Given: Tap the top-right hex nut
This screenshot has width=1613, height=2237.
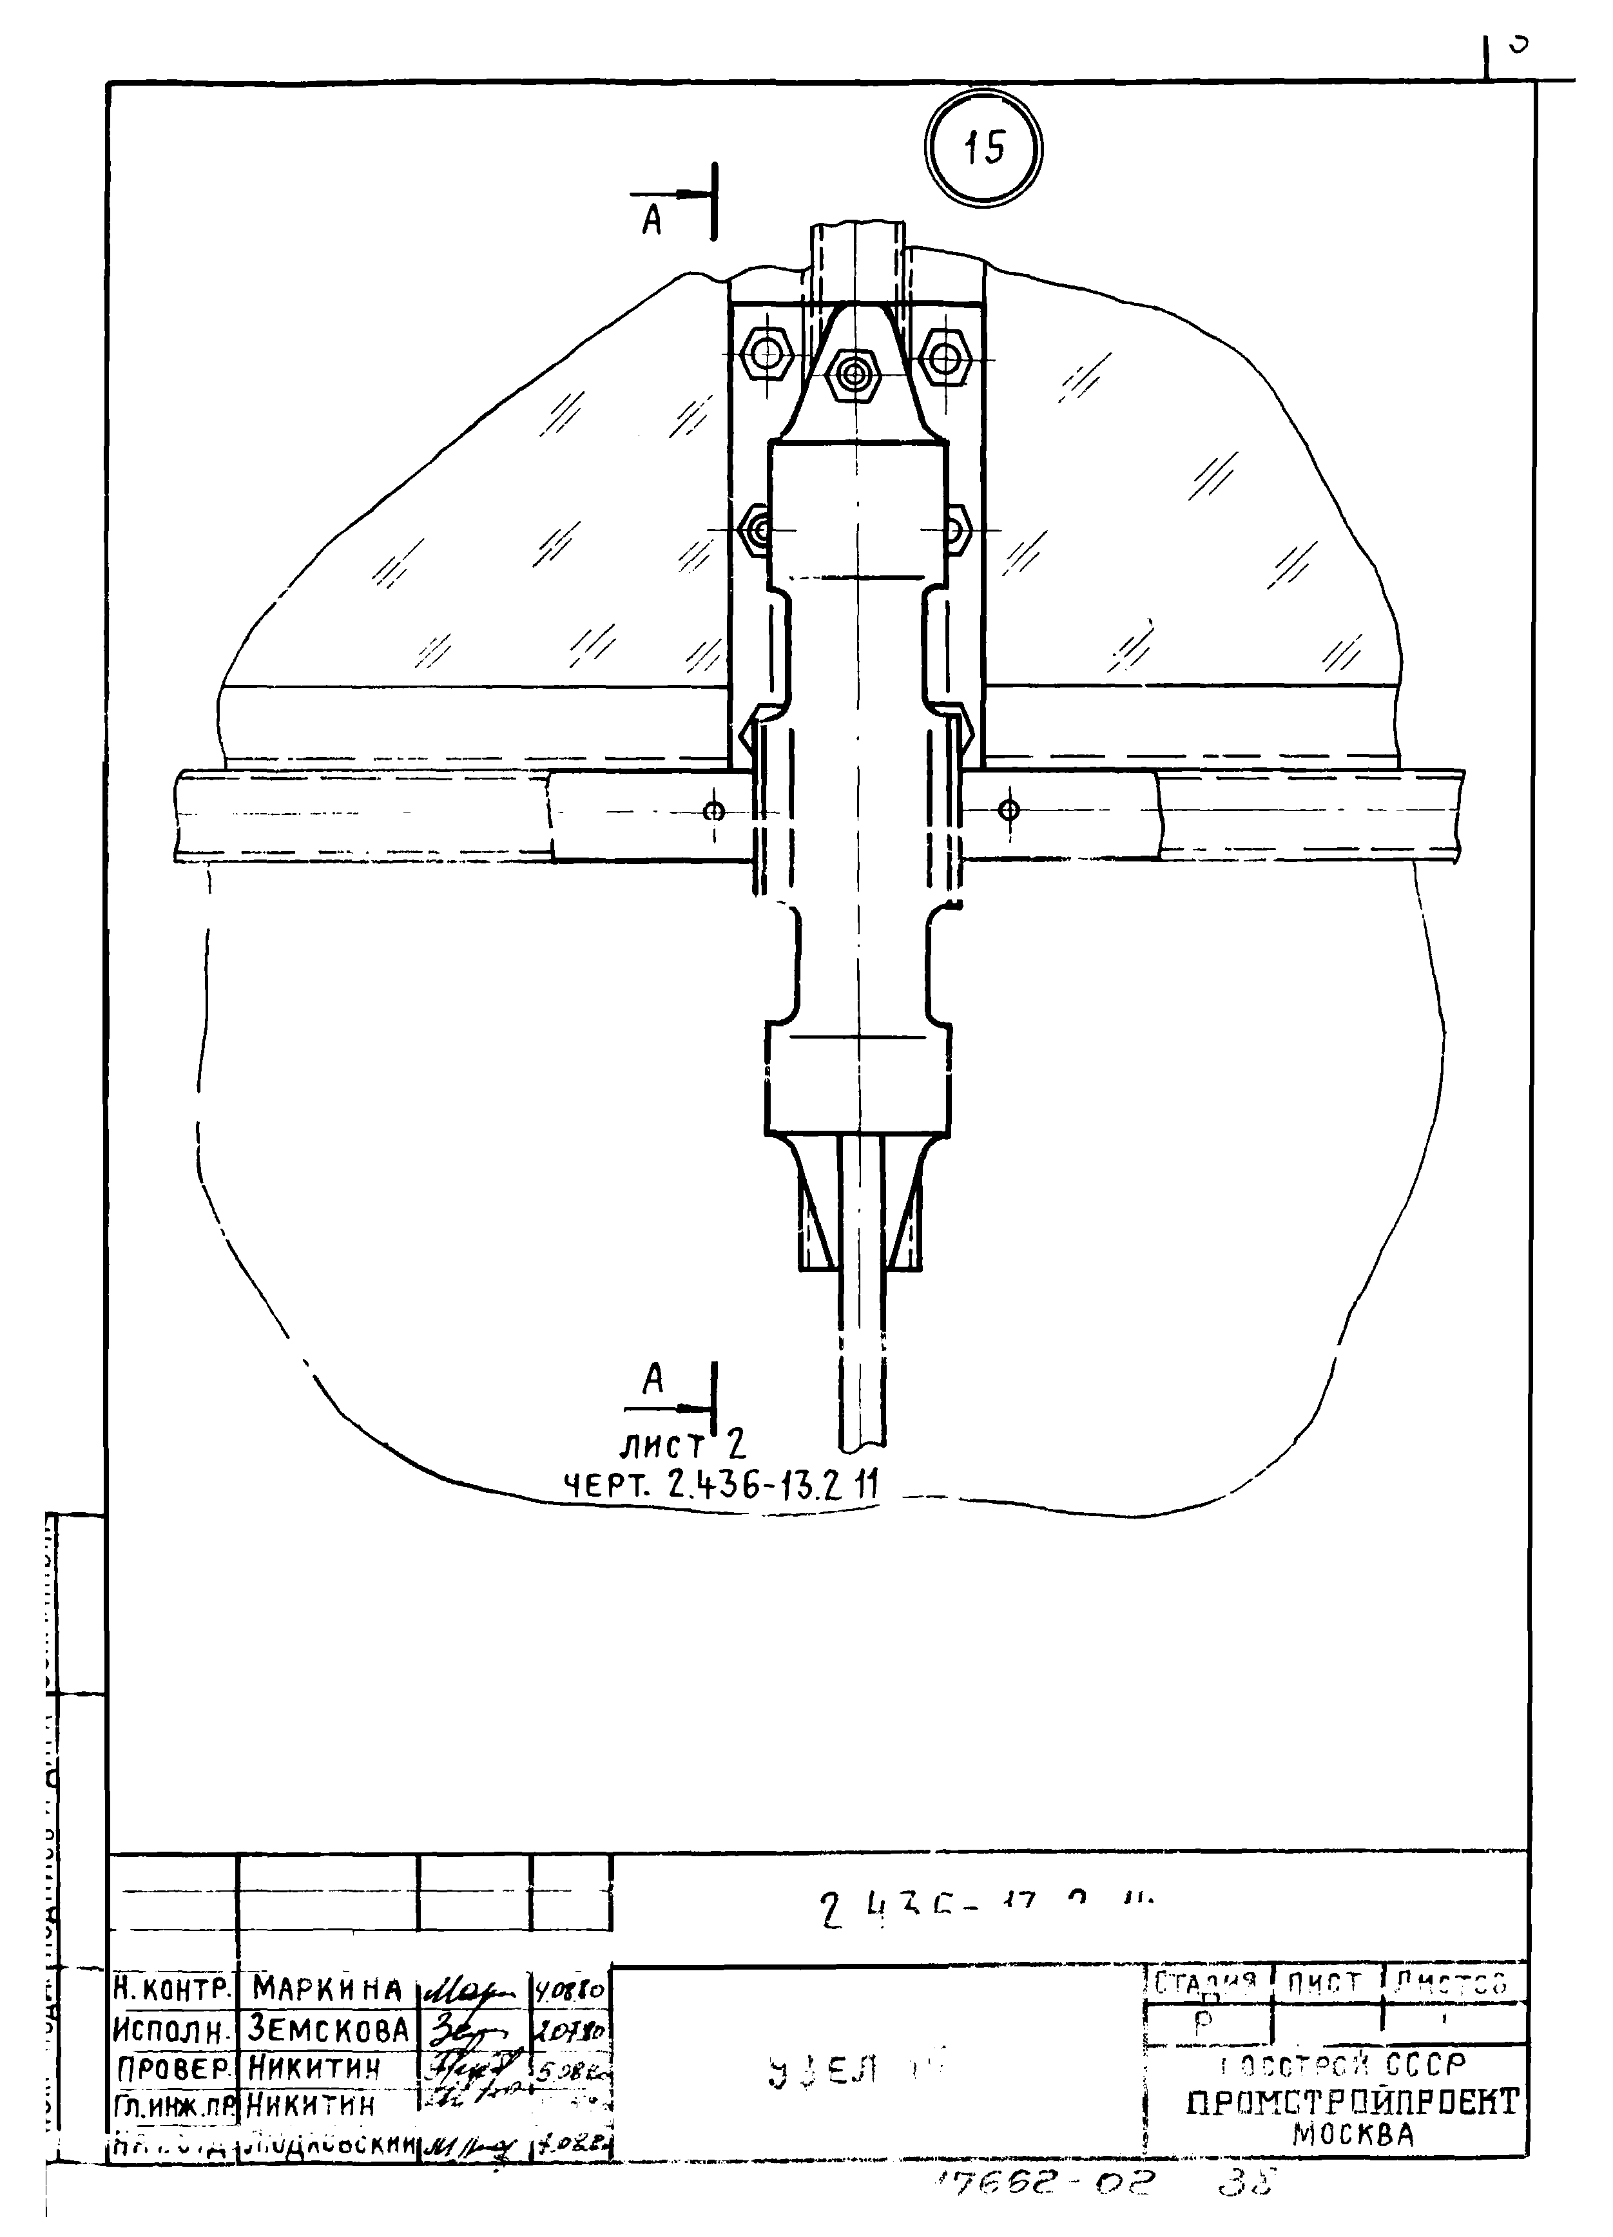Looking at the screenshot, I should point(946,354).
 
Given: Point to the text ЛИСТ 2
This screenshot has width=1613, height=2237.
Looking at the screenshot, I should point(682,1446).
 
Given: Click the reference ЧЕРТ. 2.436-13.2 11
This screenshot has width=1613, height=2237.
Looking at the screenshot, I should point(720,1484).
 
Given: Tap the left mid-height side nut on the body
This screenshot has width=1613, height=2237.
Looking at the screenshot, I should point(758,530).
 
